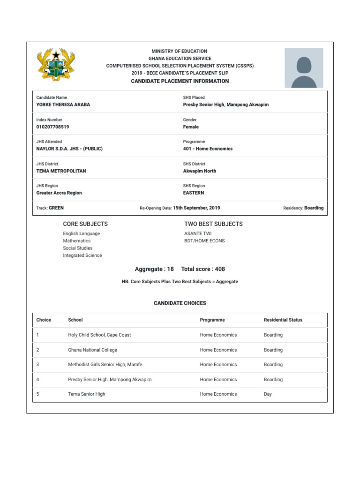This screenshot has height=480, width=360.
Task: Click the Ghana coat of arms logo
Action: (x=56, y=65)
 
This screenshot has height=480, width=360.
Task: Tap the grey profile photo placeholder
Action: (x=304, y=68)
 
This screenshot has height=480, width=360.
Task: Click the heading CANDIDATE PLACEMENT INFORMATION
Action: (x=180, y=81)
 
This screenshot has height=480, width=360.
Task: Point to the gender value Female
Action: (x=191, y=127)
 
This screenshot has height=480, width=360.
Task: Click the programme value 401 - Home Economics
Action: (x=208, y=149)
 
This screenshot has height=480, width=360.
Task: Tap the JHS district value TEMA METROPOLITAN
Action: (x=61, y=171)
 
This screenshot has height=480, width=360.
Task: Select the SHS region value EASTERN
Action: (x=194, y=193)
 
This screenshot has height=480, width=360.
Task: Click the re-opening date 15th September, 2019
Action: (x=196, y=208)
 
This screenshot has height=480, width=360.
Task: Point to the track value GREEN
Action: (x=56, y=208)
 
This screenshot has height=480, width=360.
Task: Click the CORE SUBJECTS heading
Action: (x=85, y=224)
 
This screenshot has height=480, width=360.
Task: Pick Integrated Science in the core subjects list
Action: (x=82, y=255)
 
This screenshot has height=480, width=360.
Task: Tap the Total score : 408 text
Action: (x=203, y=269)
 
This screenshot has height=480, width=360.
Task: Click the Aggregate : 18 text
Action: (x=154, y=269)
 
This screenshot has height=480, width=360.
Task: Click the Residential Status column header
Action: (x=283, y=320)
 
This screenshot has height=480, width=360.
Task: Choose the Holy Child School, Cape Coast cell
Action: (x=99, y=335)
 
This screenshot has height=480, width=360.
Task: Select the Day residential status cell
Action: (x=268, y=394)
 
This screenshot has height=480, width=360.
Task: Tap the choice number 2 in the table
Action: (x=37, y=350)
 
